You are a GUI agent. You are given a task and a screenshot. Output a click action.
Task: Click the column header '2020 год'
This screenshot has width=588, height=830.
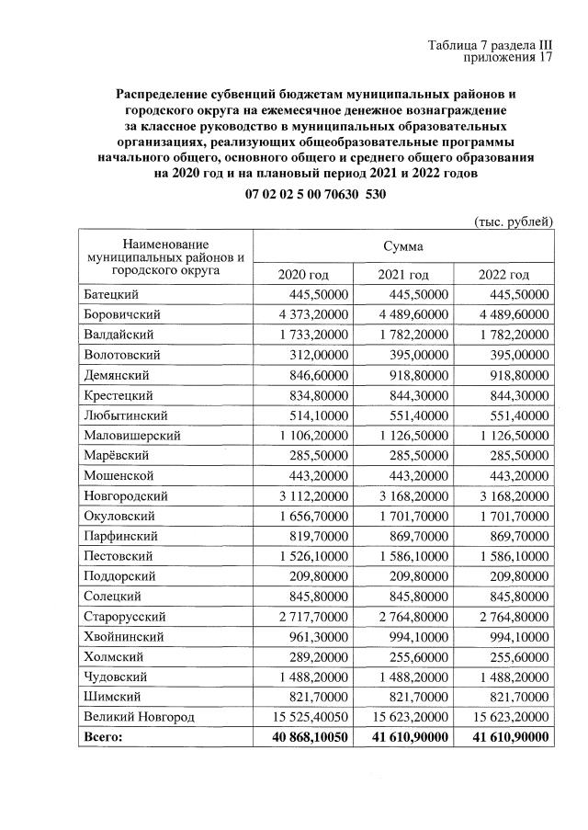pyautogui.click(x=302, y=275)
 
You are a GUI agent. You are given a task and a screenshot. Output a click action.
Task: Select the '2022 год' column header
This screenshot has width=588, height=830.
pyautogui.click(x=504, y=275)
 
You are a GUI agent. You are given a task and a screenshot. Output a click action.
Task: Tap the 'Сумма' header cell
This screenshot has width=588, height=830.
pyautogui.click(x=403, y=246)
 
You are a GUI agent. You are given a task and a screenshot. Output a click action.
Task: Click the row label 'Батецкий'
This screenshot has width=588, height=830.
pyautogui.click(x=110, y=295)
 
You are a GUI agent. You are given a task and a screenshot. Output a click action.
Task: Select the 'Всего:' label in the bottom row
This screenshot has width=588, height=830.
pyautogui.click(x=102, y=737)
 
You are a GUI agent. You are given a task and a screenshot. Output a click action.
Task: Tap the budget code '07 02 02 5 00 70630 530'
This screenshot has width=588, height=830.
pyautogui.click(x=316, y=195)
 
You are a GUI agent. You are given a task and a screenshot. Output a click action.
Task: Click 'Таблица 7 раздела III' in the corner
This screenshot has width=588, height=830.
pyautogui.click(x=491, y=45)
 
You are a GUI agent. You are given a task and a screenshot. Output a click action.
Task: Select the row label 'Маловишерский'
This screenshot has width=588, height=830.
pyautogui.click(x=131, y=436)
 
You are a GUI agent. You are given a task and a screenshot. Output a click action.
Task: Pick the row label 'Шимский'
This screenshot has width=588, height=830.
pyautogui.click(x=109, y=697)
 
